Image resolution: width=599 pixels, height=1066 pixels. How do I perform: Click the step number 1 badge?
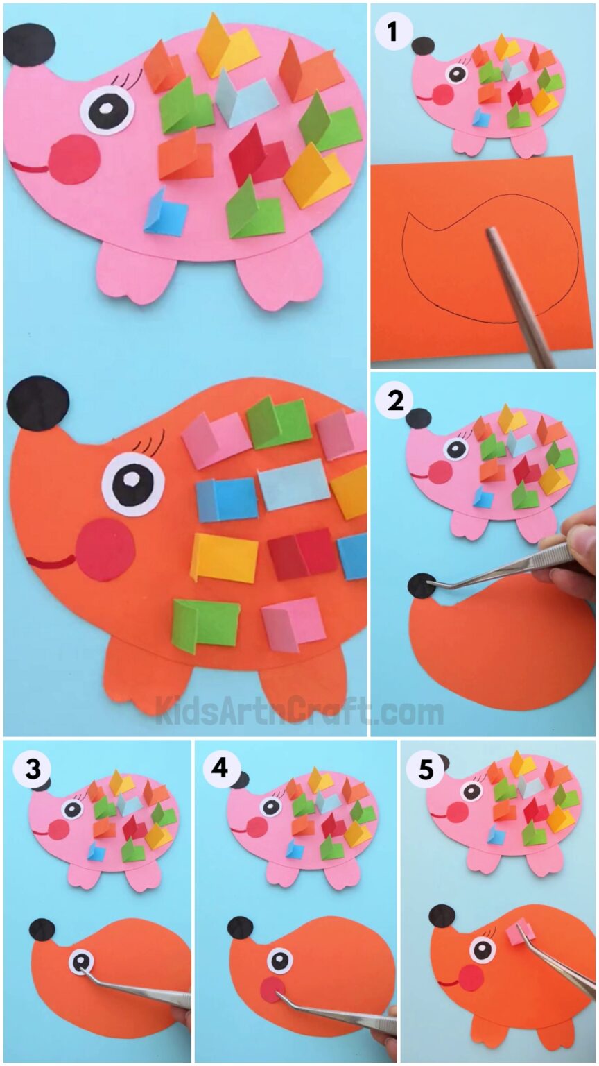point(393,31)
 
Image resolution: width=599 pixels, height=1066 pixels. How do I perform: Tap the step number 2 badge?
point(396,401)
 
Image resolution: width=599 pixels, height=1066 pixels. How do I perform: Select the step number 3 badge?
point(31,768)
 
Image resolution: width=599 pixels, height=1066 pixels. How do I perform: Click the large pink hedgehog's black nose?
point(28,43)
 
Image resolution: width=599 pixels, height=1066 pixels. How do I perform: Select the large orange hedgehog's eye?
point(133,480)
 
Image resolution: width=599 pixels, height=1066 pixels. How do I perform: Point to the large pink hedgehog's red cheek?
point(74,159)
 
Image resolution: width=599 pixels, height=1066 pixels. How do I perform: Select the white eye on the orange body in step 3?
point(81,961)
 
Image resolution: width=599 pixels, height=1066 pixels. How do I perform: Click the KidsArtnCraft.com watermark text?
point(299,711)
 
